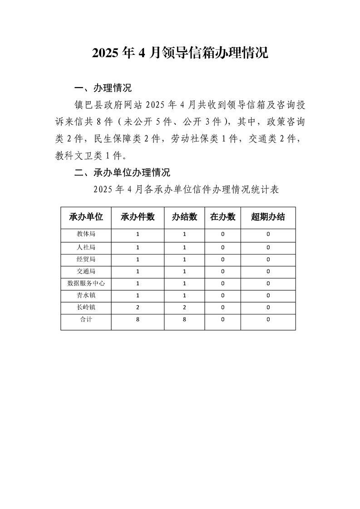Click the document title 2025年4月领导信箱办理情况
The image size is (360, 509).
pyautogui.click(x=180, y=53)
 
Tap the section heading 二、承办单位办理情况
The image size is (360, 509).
pyautogui.click(x=122, y=172)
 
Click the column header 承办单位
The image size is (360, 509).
pyautogui.click(x=86, y=217)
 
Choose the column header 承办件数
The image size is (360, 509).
pyautogui.click(x=138, y=217)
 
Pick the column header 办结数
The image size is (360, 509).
pyautogui.click(x=184, y=217)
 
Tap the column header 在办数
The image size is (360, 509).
pyautogui.click(x=223, y=217)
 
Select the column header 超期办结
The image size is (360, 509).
pyautogui.click(x=268, y=217)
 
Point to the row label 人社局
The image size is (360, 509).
pyautogui.click(x=86, y=247)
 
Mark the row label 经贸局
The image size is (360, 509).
pyautogui.click(x=86, y=259)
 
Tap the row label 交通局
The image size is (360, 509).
pyautogui.click(x=86, y=271)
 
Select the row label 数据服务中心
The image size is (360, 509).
pyautogui.click(x=86, y=283)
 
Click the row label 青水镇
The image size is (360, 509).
pyautogui.click(x=86, y=295)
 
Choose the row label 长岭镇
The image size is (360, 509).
pyautogui.click(x=86, y=307)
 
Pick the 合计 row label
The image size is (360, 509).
pyautogui.click(x=86, y=319)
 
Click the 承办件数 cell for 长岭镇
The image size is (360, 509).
pyautogui.click(x=138, y=307)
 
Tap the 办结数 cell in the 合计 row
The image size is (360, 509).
pyautogui.click(x=184, y=319)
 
